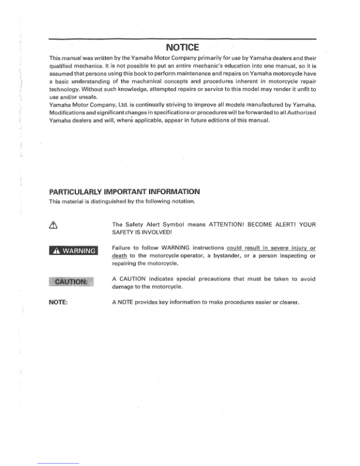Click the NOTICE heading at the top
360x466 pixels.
[183, 47]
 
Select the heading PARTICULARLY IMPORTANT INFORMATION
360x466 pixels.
[124, 191]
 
